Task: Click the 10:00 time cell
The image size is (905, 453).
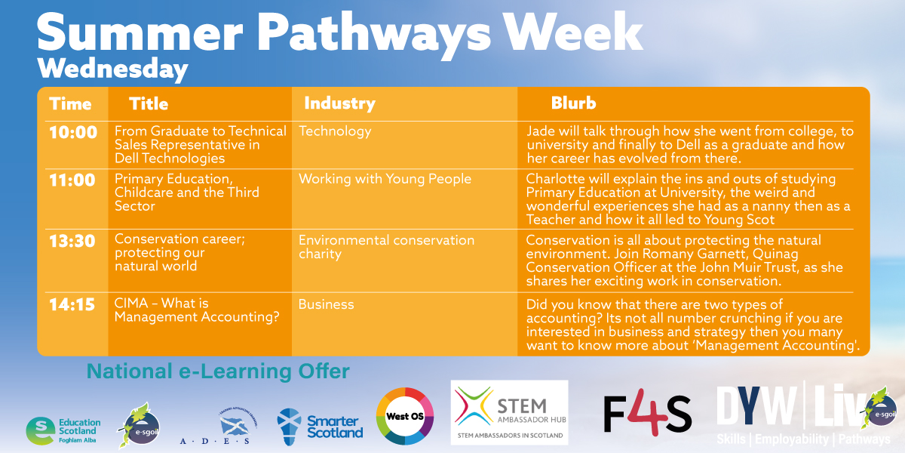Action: click(73, 133)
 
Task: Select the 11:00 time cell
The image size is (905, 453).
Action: click(73, 180)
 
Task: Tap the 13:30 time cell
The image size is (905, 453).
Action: click(73, 241)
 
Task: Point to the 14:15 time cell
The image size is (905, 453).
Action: click(73, 305)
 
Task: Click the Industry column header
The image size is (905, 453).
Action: click(339, 103)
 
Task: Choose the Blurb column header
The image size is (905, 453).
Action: click(573, 103)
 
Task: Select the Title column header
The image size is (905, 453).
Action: click(149, 103)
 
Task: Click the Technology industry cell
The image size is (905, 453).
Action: click(335, 131)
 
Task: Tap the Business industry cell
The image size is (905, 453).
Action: click(326, 305)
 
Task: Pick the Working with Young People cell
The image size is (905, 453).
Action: click(385, 179)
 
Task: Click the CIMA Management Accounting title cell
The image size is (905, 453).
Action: click(196, 310)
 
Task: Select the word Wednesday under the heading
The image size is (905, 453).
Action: click(112, 69)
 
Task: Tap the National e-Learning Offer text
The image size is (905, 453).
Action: click(218, 371)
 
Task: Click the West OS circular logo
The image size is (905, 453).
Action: click(405, 416)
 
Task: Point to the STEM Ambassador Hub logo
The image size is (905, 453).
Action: click(509, 412)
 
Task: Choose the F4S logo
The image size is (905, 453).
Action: click(647, 415)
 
